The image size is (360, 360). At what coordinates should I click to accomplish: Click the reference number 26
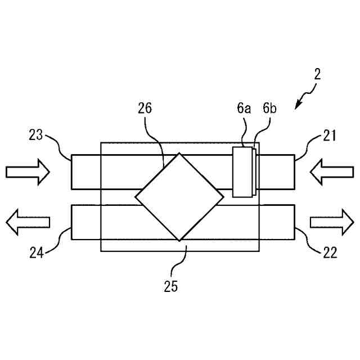click(x=145, y=109)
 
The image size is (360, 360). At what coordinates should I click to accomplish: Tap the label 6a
click(x=244, y=109)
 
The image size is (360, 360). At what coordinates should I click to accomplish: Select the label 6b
click(x=269, y=109)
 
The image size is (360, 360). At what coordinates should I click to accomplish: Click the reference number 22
click(x=330, y=253)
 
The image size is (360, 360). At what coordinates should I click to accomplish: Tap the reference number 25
click(x=171, y=286)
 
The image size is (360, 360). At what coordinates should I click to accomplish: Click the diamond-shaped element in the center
click(x=179, y=197)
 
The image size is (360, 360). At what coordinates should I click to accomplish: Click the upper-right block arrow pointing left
click(x=331, y=172)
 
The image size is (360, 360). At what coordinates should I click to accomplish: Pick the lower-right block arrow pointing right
click(x=331, y=222)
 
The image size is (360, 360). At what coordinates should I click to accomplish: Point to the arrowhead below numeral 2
click(x=298, y=104)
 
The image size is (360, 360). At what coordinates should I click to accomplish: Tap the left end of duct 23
click(x=72, y=172)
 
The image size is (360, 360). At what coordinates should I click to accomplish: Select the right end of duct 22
click(x=295, y=222)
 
